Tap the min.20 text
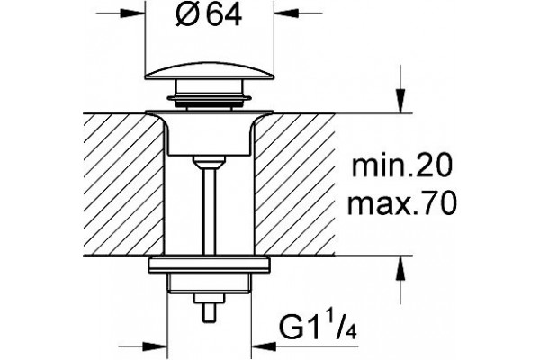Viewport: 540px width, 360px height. click(x=401, y=166)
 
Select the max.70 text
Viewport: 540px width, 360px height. click(x=402, y=203)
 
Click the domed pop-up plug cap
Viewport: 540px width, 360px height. click(x=209, y=71)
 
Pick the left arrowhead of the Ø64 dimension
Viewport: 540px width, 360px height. click(x=132, y=13)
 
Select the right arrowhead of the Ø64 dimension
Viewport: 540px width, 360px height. click(x=286, y=13)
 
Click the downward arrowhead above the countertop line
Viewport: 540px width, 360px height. click(x=400, y=101)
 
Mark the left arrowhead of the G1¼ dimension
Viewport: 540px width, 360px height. click(x=155, y=346)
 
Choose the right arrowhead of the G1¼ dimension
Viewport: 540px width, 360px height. click(x=264, y=346)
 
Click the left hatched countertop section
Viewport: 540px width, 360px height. click(x=123, y=184)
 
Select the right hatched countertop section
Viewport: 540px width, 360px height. click(x=294, y=184)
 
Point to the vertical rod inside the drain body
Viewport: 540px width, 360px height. click(x=209, y=210)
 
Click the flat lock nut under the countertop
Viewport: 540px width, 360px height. click(x=209, y=265)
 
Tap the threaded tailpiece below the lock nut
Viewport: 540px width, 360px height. click(x=209, y=283)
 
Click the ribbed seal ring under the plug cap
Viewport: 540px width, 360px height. click(x=209, y=99)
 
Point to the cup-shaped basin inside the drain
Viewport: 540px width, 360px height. click(x=209, y=134)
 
